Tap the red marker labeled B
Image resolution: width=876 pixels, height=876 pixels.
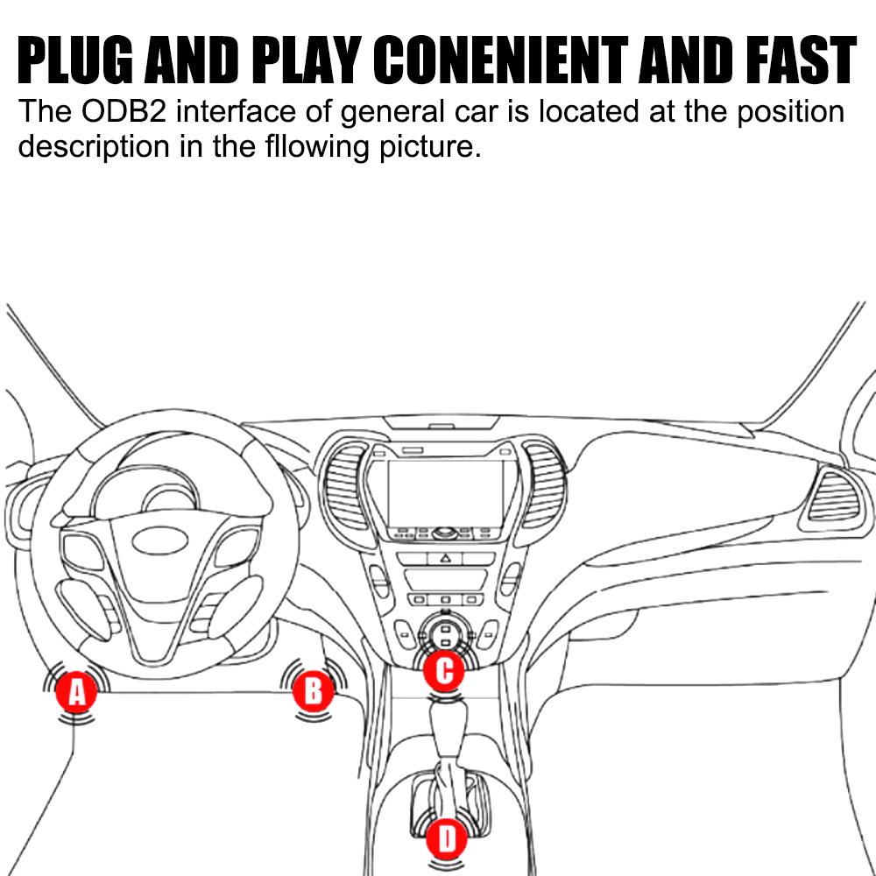(x=313, y=691)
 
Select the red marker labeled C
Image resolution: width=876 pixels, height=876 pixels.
(x=444, y=672)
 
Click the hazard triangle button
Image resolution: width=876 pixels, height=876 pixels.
(x=445, y=558)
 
